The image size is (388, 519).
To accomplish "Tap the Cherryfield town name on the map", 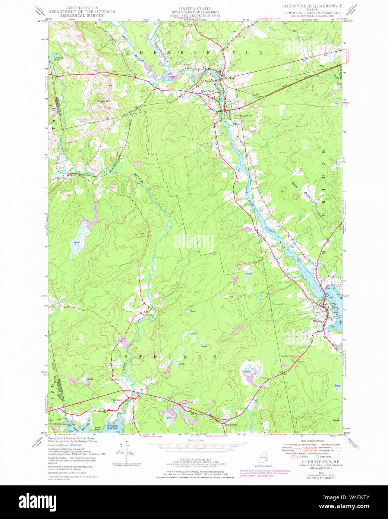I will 207,91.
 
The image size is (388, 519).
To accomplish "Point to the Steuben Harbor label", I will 112,426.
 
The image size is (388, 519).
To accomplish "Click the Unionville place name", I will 61,178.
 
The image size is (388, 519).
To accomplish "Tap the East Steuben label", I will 230,425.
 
